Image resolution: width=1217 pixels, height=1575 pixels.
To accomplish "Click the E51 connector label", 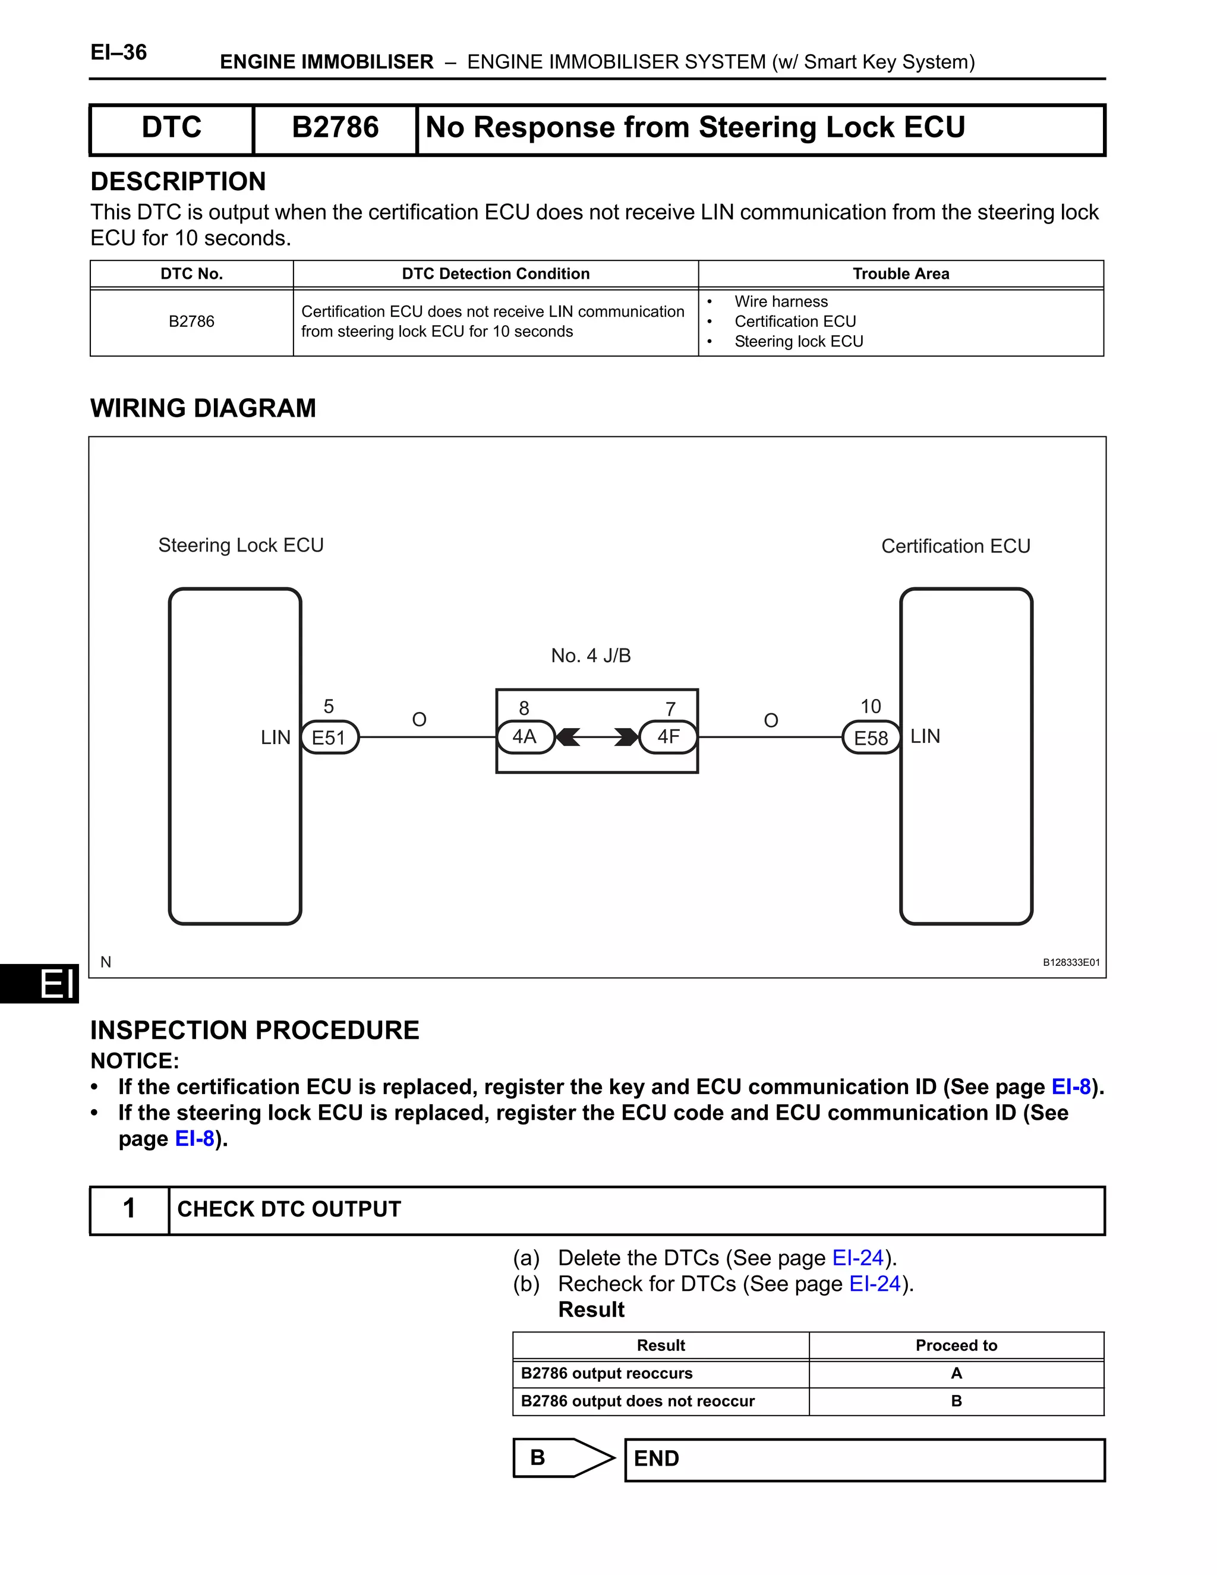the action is click(x=329, y=737).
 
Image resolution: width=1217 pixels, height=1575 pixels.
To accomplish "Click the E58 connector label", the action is click(x=871, y=738).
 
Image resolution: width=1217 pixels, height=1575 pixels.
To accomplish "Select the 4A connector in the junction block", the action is click(x=525, y=736).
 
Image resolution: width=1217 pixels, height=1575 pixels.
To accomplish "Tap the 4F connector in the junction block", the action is click(x=669, y=736).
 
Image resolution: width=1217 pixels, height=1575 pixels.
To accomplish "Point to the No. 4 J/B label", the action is click(x=591, y=656).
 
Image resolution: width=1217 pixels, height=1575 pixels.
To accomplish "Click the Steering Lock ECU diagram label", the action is click(x=241, y=545).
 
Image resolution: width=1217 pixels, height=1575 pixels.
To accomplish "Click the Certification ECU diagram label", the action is click(x=956, y=546).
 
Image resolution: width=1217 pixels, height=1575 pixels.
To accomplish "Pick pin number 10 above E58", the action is click(x=871, y=706).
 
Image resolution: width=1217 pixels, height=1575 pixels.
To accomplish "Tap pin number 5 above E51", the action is click(x=329, y=706).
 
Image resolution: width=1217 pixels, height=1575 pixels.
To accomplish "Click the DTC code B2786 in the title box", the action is click(x=335, y=128).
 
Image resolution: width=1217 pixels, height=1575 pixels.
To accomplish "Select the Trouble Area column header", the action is click(x=901, y=274).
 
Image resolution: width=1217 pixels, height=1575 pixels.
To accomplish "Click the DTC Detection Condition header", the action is click(x=496, y=274).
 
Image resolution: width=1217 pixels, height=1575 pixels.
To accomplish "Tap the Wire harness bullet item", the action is click(x=781, y=301).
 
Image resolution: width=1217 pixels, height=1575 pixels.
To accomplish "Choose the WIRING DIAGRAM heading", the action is click(x=203, y=408).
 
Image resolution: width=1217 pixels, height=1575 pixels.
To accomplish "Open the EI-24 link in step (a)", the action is click(x=858, y=1258).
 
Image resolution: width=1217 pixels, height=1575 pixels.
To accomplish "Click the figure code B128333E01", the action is click(x=1071, y=962).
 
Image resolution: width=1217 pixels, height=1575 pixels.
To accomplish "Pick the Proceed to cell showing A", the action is click(x=957, y=1373).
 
